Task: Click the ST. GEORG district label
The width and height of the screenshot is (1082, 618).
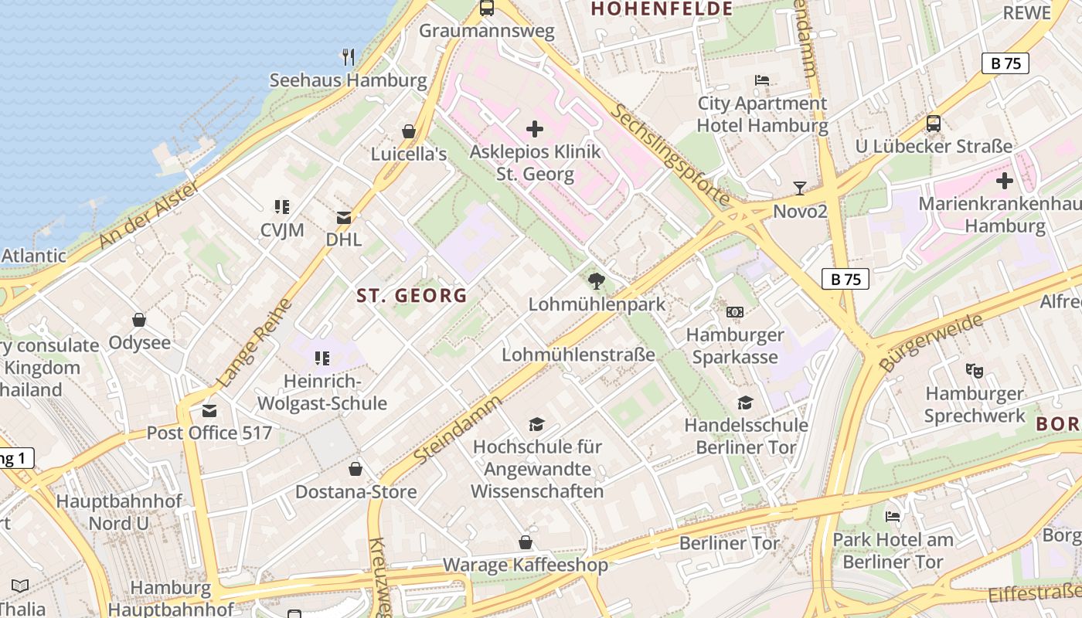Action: tap(412, 295)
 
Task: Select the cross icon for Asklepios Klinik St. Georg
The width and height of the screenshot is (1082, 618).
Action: tap(534, 129)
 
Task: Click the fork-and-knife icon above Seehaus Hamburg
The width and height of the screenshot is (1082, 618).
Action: tap(349, 56)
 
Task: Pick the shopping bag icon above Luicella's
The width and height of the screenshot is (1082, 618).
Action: tap(409, 131)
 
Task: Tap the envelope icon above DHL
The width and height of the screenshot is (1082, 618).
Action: tap(343, 218)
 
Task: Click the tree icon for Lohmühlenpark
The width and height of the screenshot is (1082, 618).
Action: tap(596, 281)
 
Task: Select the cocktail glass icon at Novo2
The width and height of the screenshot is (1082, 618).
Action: tap(800, 188)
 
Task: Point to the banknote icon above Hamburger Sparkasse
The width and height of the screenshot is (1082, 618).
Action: tap(735, 312)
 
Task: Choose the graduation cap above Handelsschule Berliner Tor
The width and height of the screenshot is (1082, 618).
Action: tap(745, 402)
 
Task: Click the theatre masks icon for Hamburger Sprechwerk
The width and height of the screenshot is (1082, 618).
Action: tap(975, 371)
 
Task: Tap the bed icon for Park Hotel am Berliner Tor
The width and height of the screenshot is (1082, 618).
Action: tap(893, 516)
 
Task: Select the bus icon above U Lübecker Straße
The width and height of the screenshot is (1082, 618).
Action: tap(933, 124)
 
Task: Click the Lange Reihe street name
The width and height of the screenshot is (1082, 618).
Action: tap(254, 343)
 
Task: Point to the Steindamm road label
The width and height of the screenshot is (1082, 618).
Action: tap(458, 430)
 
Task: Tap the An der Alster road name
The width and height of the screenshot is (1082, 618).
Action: tap(149, 216)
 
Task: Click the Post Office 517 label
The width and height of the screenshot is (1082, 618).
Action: tap(209, 433)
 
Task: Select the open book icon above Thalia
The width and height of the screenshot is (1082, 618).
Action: tap(20, 586)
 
